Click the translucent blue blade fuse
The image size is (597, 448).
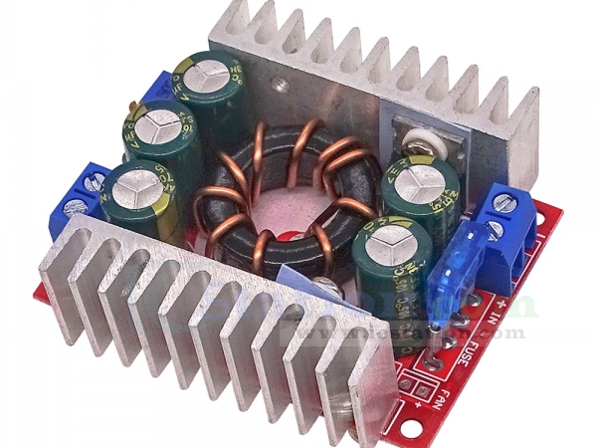pyautogui.click(x=451, y=260)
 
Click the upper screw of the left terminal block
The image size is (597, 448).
pyautogui.click(x=97, y=181)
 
